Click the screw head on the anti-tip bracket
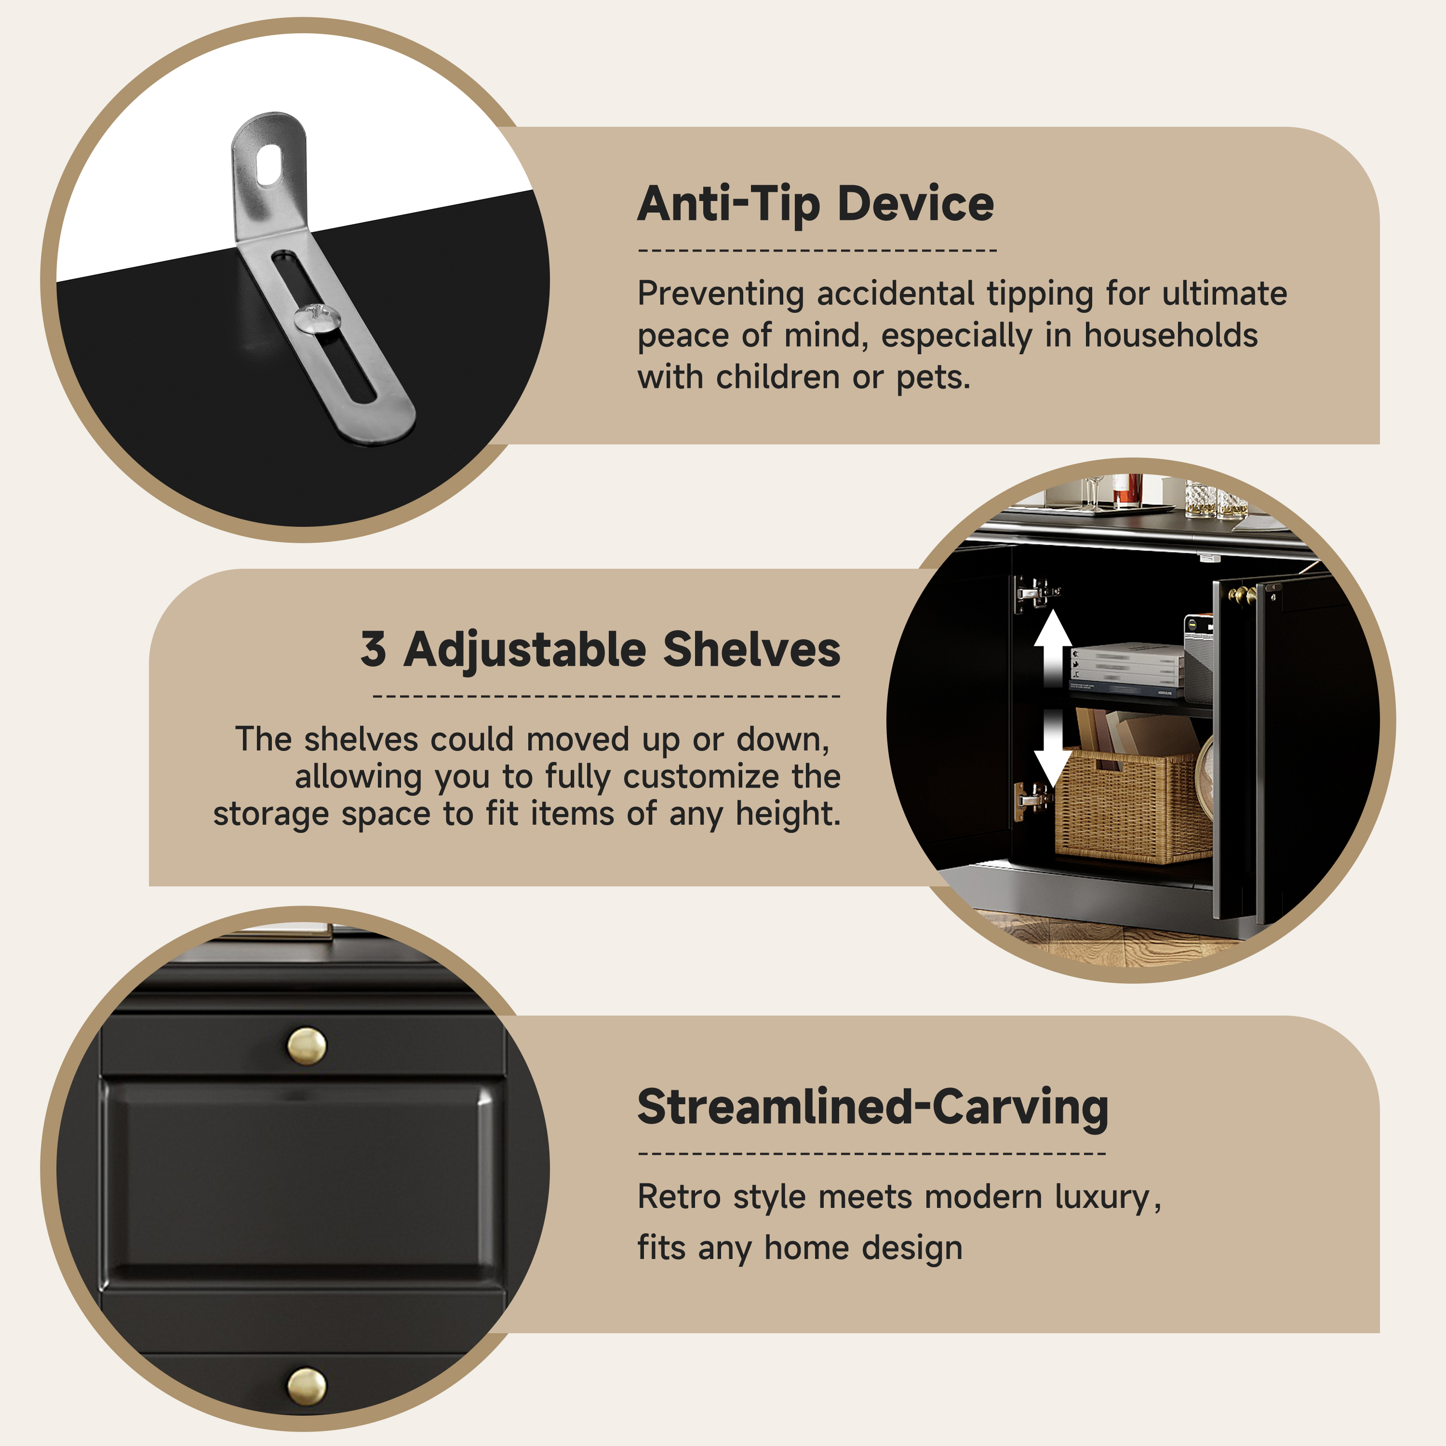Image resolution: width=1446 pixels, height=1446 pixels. coord(317,318)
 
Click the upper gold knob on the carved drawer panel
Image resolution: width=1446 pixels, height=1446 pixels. coord(307,1045)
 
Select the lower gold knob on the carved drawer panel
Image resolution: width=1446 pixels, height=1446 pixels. coord(307,1386)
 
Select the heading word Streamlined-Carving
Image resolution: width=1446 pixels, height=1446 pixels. coord(873,1107)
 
